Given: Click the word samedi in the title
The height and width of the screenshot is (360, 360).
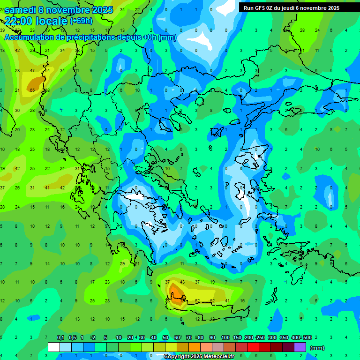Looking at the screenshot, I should [22, 10].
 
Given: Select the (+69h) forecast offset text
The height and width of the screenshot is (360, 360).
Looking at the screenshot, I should [81, 21].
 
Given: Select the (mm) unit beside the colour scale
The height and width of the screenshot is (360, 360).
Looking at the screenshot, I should [317, 348].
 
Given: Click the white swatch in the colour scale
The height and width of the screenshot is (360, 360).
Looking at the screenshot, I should [54, 347].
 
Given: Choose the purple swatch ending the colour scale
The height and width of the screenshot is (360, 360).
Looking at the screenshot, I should [300, 347].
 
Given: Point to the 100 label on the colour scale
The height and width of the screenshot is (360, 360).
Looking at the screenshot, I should [225, 338].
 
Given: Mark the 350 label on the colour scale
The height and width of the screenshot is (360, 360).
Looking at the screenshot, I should [284, 338].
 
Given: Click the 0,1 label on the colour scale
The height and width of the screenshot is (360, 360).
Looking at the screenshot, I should [60, 338].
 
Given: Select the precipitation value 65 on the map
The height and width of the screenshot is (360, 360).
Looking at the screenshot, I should [32, 90].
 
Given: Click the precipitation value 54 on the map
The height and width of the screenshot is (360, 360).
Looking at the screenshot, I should [47, 70].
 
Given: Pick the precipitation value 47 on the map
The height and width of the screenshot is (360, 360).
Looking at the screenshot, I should [32, 70].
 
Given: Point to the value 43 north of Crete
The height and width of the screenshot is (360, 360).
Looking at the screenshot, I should [182, 282].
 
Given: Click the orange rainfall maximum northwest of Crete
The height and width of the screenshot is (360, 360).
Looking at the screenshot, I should [176, 293].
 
